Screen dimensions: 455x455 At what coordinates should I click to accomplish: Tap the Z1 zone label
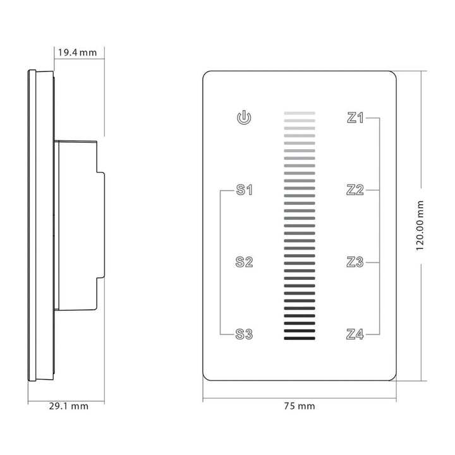356,118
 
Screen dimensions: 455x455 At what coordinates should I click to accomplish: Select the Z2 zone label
356,190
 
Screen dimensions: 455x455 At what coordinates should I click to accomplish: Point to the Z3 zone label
356,262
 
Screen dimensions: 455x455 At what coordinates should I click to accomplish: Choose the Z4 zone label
356,334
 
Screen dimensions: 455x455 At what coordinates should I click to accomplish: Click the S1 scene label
245,190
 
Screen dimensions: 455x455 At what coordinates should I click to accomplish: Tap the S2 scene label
245,262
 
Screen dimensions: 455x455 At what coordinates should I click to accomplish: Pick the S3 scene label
245,334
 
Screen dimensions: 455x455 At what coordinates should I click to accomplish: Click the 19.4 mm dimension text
77,52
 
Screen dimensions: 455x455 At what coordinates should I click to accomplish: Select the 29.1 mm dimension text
69,406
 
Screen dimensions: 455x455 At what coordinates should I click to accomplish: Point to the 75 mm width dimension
300,406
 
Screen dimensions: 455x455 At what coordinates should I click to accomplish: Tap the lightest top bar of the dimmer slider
300,114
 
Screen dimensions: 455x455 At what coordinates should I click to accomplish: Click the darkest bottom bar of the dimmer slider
300,339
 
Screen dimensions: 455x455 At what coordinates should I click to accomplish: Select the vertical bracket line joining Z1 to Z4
379,226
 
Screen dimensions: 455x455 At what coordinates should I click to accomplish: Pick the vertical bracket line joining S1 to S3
220,262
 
